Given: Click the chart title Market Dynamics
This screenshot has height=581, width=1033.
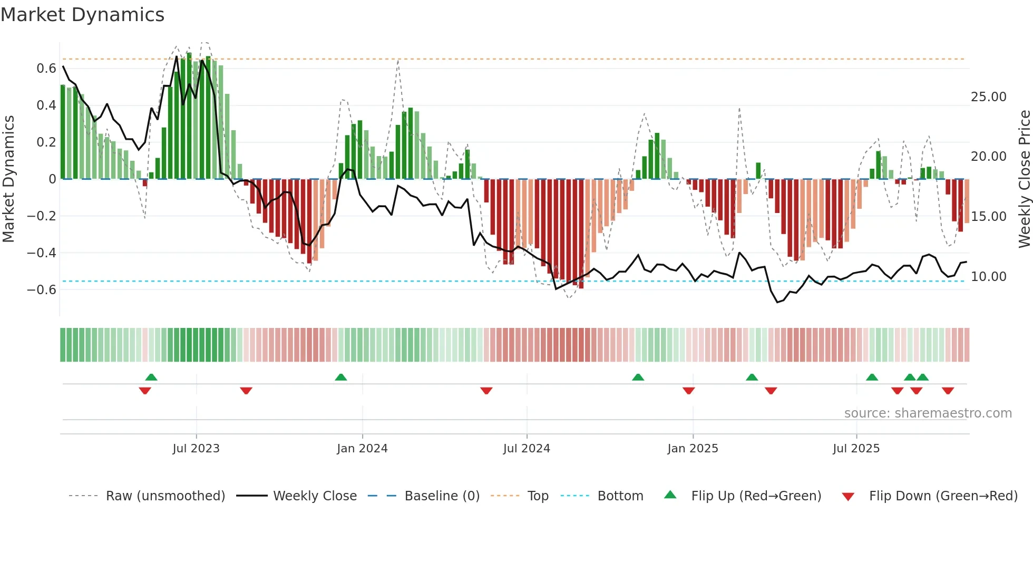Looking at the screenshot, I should tap(82, 15).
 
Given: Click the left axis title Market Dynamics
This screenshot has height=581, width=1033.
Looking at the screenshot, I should tap(8, 179).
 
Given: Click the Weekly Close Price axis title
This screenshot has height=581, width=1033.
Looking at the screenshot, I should tap(1024, 179).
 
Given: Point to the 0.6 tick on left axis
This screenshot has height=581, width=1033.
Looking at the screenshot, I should tap(46, 69).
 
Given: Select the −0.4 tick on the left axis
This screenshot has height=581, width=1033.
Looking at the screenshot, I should tap(42, 253).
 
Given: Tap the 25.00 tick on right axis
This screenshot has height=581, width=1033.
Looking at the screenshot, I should tap(988, 97).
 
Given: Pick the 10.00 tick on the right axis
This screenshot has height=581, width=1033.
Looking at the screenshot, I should tap(988, 277).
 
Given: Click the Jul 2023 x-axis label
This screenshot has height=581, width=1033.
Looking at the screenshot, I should tap(196, 449).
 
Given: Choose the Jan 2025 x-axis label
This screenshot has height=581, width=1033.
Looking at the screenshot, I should tap(693, 449).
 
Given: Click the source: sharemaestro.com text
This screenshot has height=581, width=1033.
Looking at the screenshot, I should tap(928, 413).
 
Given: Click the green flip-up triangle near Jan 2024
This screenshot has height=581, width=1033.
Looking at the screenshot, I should tap(341, 377).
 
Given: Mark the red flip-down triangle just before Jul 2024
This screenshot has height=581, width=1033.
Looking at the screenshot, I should tap(486, 391).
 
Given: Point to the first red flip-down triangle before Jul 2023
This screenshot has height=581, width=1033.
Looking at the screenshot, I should tap(145, 391).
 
